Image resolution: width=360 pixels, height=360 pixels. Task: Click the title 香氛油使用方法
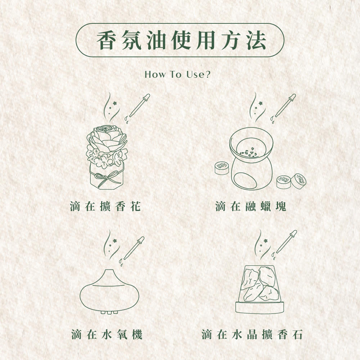point(181,40)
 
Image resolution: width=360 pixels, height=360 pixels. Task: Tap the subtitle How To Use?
point(177,75)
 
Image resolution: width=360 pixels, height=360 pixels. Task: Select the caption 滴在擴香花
point(105,206)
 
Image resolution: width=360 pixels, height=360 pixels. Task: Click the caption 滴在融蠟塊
point(251,206)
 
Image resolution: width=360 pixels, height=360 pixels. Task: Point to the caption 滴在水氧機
point(107,334)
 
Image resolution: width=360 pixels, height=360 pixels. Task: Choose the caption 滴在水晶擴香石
point(252,334)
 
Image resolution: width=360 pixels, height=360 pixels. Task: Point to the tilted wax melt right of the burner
point(299,181)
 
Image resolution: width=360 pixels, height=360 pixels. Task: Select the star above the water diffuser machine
point(115,240)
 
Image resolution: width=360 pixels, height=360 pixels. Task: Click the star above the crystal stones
point(266,240)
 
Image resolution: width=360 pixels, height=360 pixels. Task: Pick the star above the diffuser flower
point(114,103)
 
